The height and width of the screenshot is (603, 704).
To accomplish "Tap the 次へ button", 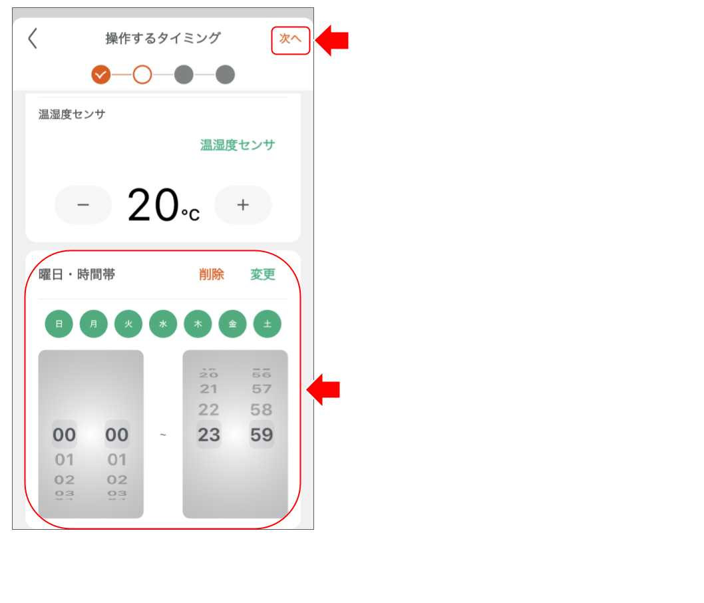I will coord(290,40).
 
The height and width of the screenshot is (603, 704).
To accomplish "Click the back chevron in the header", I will coord(33,39).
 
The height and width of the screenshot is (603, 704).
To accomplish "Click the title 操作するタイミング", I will coord(162,39).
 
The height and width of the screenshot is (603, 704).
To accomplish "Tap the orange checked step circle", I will coord(101,75).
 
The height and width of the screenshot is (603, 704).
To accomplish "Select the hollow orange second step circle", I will coord(142,75).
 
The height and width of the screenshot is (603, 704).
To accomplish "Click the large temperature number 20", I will coord(153,205).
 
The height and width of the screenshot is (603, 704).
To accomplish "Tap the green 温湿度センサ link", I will coord(238,145).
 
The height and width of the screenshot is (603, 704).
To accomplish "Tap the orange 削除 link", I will coord(212,274).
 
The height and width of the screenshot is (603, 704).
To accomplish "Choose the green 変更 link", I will coord(263,274).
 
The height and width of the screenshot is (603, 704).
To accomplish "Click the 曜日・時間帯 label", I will coord(77,274).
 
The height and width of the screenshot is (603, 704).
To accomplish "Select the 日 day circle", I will coord(59,324).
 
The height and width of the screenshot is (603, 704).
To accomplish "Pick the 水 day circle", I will coord(163,324).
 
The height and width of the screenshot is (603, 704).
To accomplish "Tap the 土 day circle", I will coord(267,324).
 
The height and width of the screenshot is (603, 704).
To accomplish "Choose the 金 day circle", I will coord(233,324).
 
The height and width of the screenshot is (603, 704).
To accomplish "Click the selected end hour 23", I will coord(209,435).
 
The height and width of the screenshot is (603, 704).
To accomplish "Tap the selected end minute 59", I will coord(262,435).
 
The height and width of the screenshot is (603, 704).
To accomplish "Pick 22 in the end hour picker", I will coord(209,410).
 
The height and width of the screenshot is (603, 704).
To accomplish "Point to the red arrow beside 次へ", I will coord(332,41).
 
